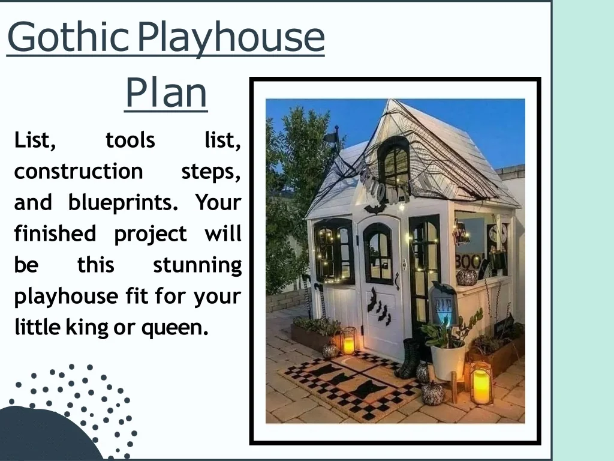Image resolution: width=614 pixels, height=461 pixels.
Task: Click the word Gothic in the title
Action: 67,37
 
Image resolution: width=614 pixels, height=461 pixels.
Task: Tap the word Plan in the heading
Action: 165,92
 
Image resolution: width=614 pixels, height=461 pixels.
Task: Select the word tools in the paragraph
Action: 130,140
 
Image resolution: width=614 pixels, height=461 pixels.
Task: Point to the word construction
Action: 79,172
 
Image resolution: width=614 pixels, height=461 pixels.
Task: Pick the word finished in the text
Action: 55,234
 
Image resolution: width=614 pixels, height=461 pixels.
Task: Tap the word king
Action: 86,328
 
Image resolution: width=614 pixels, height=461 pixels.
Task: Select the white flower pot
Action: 448,360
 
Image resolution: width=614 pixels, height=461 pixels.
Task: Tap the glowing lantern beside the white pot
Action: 481,383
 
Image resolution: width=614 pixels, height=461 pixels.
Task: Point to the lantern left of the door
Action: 348,341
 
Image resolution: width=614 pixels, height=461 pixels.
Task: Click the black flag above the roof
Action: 332,138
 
